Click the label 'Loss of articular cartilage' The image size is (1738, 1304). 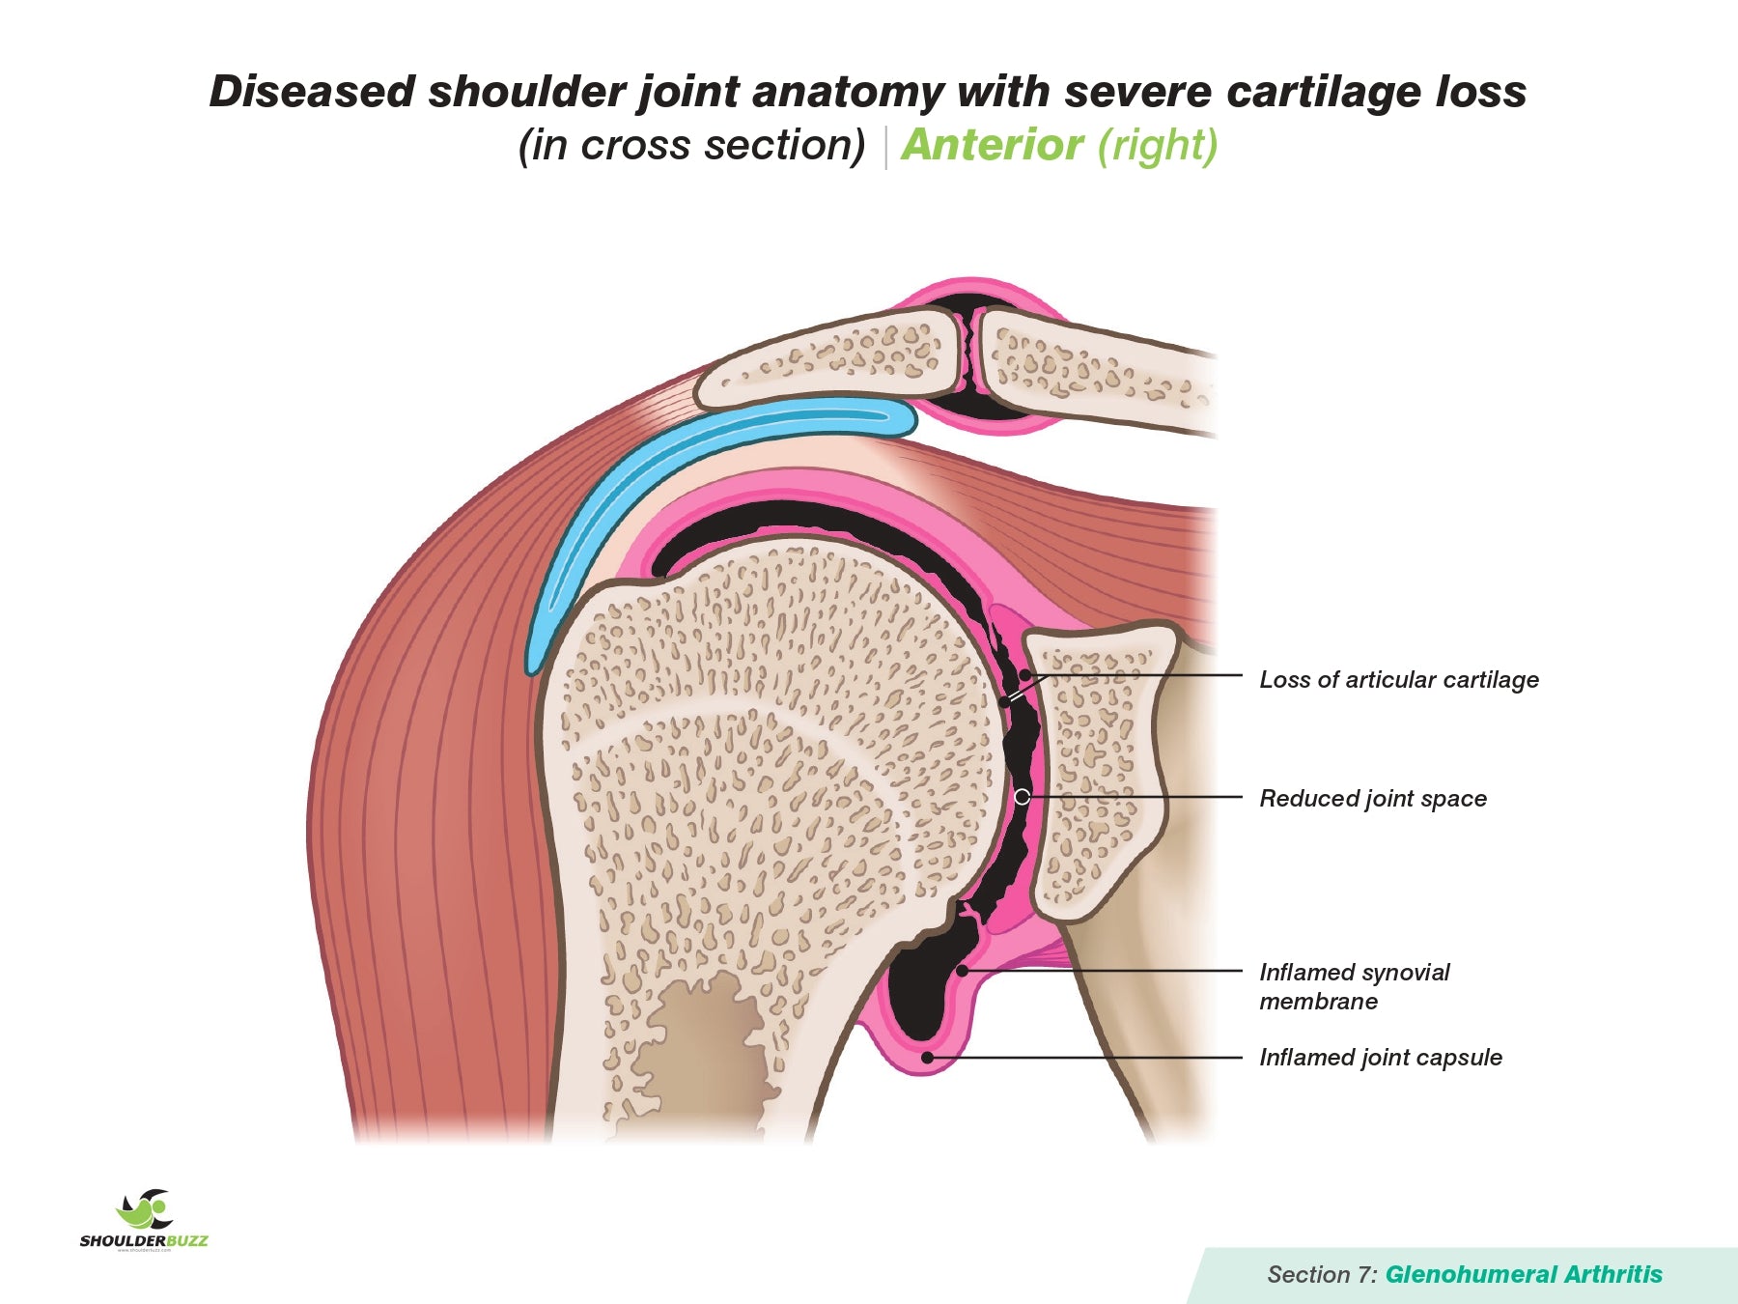tap(1398, 680)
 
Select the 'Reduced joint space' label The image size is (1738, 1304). tap(1372, 799)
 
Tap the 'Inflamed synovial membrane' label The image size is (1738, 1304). tap(1354, 986)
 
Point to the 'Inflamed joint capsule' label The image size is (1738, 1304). tap(1380, 1058)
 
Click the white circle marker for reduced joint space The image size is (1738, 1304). tap(1022, 797)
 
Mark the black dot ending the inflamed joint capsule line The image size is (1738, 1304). tap(927, 1058)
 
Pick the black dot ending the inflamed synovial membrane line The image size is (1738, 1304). tap(962, 971)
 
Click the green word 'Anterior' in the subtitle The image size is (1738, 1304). tap(992, 146)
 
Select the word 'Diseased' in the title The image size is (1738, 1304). tap(312, 93)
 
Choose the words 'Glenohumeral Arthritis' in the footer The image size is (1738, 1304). tap(1524, 1275)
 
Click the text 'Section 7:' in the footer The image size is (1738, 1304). tap(1322, 1275)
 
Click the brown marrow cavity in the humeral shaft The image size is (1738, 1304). tap(705, 1053)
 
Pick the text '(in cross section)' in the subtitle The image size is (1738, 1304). tap(691, 146)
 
